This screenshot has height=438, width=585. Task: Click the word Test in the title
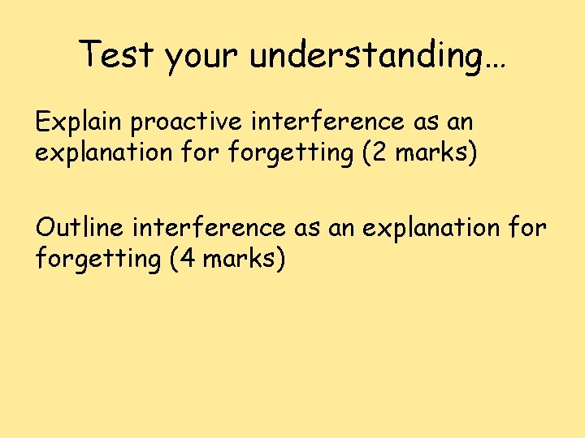coord(117,54)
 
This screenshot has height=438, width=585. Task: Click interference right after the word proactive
coord(327,122)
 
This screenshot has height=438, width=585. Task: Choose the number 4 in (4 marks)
coord(186,260)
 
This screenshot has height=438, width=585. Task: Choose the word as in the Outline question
coord(308,229)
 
